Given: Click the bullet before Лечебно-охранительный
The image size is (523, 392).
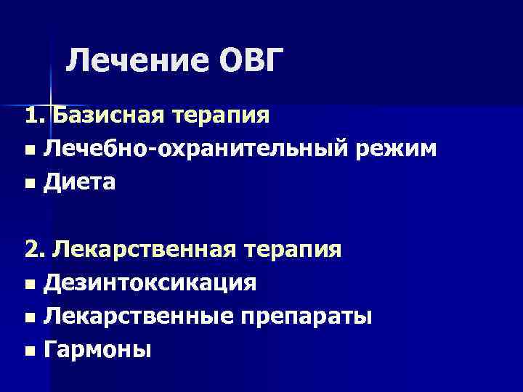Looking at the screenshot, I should (x=28, y=150).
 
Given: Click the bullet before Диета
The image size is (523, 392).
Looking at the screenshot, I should (x=28, y=184).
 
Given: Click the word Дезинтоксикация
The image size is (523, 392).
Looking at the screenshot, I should (x=150, y=283).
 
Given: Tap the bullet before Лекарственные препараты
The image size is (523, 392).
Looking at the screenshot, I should (x=28, y=318).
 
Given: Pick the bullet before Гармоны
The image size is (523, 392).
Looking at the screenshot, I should (x=28, y=351).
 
